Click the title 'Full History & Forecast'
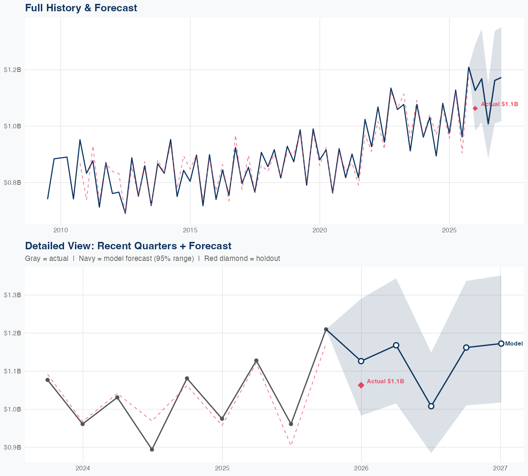tap(81, 8)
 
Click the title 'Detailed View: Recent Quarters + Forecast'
tap(128, 246)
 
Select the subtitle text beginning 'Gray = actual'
tap(152, 258)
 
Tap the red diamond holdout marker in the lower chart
tap(361, 385)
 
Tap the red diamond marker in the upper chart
tap(475, 108)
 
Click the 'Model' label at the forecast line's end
tap(514, 344)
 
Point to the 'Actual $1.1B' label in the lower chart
tap(385, 382)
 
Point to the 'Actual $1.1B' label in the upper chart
tap(499, 104)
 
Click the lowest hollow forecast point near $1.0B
tap(431, 406)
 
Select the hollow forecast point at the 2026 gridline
tap(361, 361)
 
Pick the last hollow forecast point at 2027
tap(501, 343)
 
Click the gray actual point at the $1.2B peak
tap(326, 329)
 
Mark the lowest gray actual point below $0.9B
tap(152, 450)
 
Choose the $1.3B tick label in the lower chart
tap(12, 295)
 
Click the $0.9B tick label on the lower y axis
tap(12, 447)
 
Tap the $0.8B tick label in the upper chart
tap(12, 183)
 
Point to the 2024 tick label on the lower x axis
tap(83, 469)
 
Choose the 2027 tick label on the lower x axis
tap(500, 469)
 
